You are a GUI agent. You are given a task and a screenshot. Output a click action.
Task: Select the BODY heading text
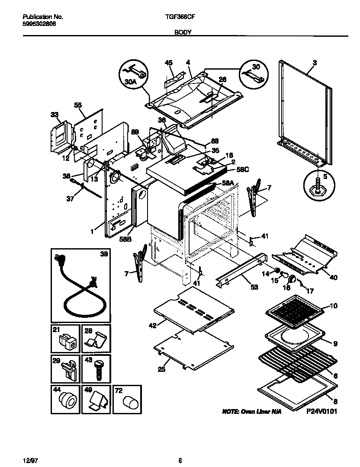coord(180,32)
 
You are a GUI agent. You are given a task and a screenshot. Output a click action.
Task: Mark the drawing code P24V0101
coord(321,412)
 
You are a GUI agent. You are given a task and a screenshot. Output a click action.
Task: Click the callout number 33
coord(54,115)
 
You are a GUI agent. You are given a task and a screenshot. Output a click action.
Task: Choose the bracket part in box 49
coord(98,401)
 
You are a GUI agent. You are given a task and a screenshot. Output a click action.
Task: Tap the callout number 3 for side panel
coord(314,63)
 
